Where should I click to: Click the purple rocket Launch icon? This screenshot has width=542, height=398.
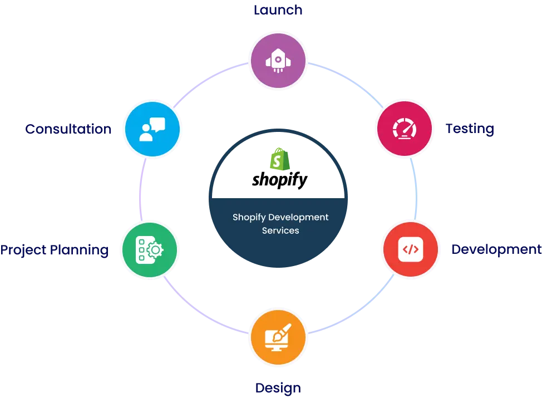pos(278,60)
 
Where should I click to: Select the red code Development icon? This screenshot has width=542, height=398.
pos(410,249)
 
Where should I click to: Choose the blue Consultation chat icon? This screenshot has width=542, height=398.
pos(151,129)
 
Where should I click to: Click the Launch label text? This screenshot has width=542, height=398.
pos(278,9)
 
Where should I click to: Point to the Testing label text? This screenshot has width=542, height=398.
pos(470,129)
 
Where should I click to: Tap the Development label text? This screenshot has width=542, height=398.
pos(495,249)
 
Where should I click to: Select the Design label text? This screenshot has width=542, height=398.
pos(278,387)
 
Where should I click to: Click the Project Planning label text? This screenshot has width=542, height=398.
pos(55,249)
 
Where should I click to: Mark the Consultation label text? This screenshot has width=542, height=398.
pos(68,129)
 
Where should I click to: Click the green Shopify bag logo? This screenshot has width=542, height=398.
pos(278,160)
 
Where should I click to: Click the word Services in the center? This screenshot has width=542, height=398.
pos(280,230)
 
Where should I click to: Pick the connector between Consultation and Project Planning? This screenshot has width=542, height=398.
pos(142,189)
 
